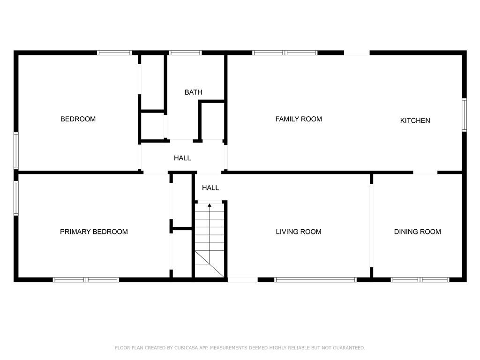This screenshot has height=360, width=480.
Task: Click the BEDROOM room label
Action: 78,119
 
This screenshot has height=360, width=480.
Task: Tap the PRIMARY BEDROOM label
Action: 94,232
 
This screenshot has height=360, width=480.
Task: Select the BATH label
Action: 193,92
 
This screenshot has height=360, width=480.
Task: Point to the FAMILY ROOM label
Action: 299,119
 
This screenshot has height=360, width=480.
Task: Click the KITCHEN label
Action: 415,120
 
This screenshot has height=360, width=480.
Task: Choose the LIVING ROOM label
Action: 299,232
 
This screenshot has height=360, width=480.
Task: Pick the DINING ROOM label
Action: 417,232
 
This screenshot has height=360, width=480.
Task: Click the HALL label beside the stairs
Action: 210,188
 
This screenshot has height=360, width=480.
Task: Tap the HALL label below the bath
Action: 182,158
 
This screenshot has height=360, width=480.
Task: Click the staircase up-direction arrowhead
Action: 210,205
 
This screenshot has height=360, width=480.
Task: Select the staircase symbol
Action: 210,241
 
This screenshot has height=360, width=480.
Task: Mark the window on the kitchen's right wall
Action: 464,114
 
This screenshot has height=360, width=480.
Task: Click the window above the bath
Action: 185,52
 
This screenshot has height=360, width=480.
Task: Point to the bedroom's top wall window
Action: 114,52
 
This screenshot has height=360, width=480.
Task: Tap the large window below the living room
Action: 315,280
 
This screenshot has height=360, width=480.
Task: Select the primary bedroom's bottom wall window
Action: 86,280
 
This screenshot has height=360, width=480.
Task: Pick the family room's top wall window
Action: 285,52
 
